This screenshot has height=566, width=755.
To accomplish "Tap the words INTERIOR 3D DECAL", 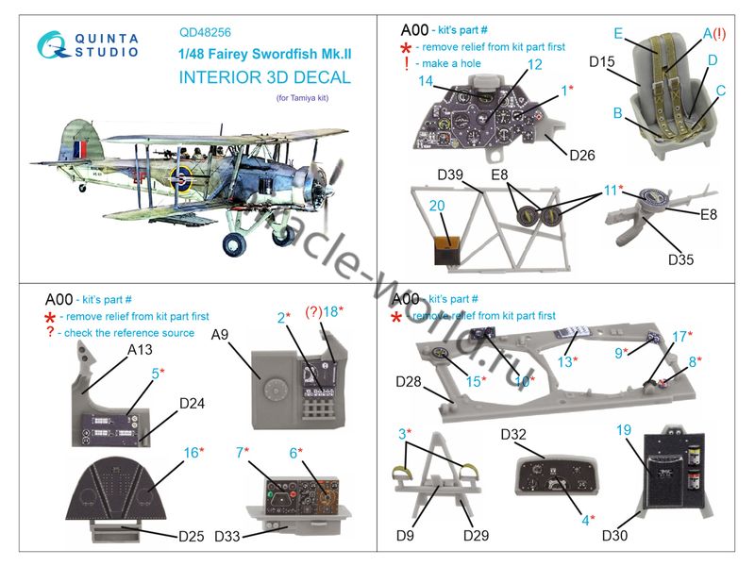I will pos(264,77).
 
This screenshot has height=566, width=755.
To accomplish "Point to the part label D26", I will pos(582,154).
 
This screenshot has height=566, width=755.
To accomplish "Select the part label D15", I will pos(602,63).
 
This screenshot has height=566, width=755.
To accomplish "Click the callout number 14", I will pos(427,81).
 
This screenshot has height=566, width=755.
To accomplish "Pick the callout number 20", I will pos(437,206).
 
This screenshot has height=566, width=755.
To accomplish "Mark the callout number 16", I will pos(191,454).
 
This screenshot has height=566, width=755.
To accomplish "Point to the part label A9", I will pos(220,334).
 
